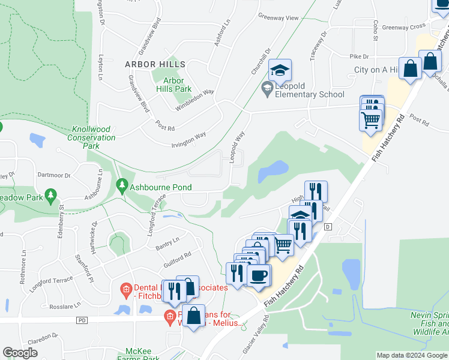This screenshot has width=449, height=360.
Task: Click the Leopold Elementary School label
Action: pos(310,90)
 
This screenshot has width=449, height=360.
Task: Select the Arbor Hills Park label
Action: pos(173,85)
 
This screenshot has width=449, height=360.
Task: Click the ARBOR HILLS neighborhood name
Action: pos(155,64)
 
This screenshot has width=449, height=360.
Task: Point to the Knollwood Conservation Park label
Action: pos(94,137)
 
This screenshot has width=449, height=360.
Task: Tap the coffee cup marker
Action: pos(259,276)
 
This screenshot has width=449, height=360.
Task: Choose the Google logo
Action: pos(20,353)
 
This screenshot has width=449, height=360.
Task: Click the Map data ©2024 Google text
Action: pos(412,355)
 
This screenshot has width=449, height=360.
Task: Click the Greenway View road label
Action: pos(278,18)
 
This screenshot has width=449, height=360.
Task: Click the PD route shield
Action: pos(82,320)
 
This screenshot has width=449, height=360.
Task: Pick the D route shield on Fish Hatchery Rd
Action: pos(328,227)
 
